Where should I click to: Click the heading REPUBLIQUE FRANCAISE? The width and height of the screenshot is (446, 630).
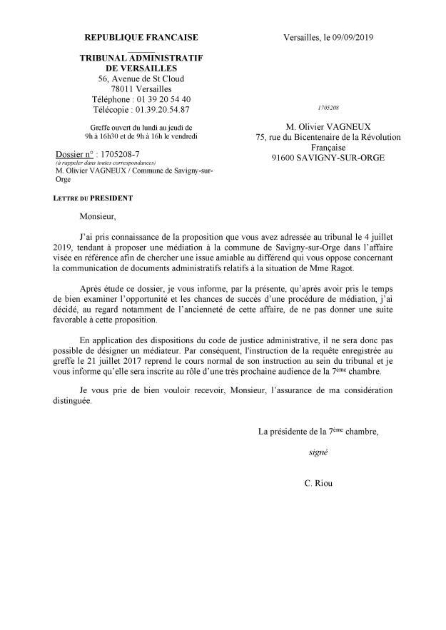tap(141, 37)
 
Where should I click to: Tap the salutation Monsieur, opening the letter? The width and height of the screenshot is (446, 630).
tap(98, 212)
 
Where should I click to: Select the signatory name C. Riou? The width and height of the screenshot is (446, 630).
tap(318, 483)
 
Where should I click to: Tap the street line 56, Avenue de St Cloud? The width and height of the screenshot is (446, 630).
tap(141, 78)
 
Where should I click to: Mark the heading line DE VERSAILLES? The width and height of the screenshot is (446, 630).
tap(141, 67)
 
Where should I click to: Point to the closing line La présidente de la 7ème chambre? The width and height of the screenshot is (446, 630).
tap(318, 431)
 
